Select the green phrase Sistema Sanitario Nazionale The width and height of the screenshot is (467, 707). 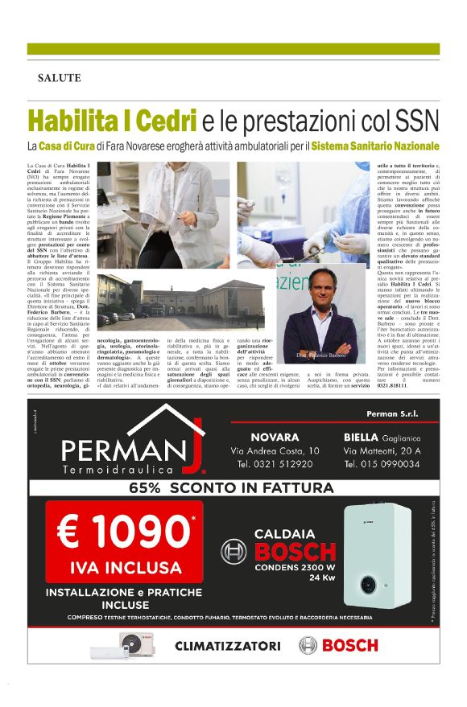click(375, 147)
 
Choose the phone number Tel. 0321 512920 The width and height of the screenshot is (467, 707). click(275, 464)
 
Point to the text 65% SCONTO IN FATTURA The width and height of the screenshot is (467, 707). click(231, 488)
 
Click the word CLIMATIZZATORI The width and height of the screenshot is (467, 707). click(228, 645)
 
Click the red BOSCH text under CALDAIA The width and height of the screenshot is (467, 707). click(295, 552)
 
